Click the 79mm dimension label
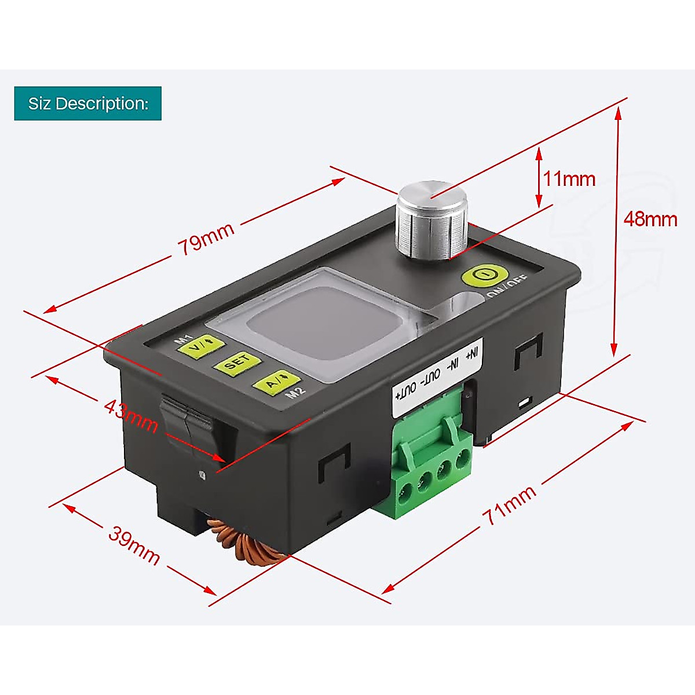pyautogui.click(x=206, y=237)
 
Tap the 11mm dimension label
pyautogui.click(x=569, y=179)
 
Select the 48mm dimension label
pyautogui.click(x=650, y=220)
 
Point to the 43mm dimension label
pyautogui.click(x=131, y=415)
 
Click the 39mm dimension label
pyautogui.click(x=134, y=546)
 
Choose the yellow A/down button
pyautogui.click(x=276, y=382)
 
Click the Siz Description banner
pyautogui.click(x=88, y=104)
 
